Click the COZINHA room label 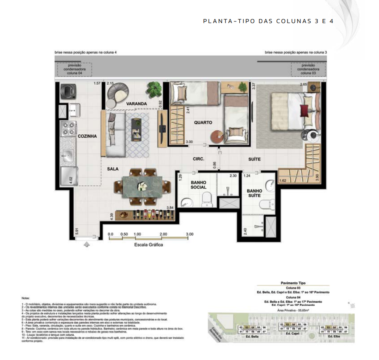pyautogui.click(x=87, y=136)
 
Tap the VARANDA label pyautogui.click(x=136, y=104)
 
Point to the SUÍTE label pyautogui.click(x=254, y=160)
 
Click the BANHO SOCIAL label pyautogui.click(x=198, y=185)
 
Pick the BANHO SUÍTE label pyautogui.click(x=254, y=193)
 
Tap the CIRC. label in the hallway pyautogui.click(x=198, y=160)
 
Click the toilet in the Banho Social pyautogui.click(x=207, y=199)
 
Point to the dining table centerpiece pyautogui.click(x=143, y=185)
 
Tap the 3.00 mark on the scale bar pyautogui.click(x=189, y=234)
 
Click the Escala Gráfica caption pyautogui.click(x=149, y=245)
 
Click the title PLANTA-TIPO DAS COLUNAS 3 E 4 pyautogui.click(x=268, y=21)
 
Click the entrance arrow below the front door pyautogui.click(x=86, y=244)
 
